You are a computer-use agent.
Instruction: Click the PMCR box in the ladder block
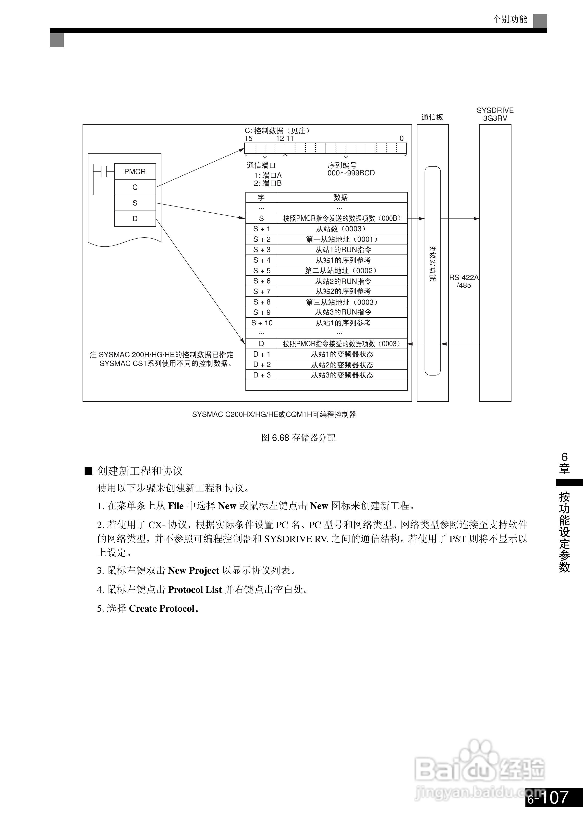click(135, 172)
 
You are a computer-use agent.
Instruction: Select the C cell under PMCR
click(135, 187)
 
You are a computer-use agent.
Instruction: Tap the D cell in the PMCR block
click(135, 218)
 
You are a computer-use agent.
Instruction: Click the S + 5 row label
click(261, 271)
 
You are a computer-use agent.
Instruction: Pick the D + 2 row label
click(261, 364)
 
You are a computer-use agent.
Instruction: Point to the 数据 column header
click(340, 197)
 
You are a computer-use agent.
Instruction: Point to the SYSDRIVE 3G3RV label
click(495, 114)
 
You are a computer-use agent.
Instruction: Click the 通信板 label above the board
click(432, 117)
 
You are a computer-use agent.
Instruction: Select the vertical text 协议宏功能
click(432, 263)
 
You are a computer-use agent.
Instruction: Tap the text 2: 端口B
click(267, 183)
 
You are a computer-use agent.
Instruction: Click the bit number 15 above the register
click(248, 138)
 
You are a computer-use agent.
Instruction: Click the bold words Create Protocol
click(161, 608)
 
